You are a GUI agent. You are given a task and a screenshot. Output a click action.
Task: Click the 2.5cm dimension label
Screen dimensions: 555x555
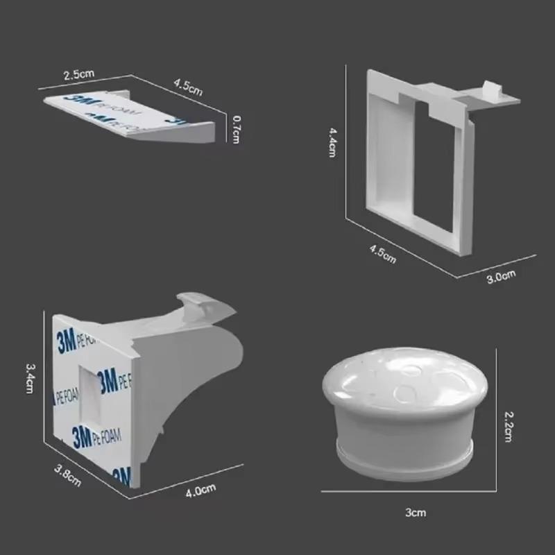79,73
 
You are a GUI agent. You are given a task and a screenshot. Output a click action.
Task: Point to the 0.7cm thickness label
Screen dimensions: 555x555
236,128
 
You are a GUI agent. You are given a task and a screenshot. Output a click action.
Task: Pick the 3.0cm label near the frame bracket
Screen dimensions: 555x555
501,278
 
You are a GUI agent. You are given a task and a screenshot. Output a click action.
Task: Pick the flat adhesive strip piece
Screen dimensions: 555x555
128,114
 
